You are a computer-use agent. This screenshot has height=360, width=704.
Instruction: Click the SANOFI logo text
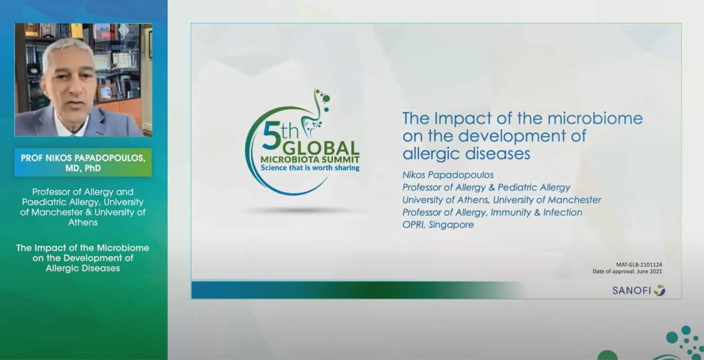(631, 290)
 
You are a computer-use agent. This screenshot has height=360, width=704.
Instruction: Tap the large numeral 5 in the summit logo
(272, 135)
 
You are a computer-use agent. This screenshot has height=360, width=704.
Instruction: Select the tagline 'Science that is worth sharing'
(310, 168)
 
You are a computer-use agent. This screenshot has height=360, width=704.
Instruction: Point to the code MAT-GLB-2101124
(639, 264)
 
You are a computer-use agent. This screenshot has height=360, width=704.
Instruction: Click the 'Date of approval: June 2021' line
(627, 271)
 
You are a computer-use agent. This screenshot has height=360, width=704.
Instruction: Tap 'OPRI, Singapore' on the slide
(438, 225)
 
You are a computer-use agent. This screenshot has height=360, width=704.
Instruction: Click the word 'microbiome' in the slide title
(595, 118)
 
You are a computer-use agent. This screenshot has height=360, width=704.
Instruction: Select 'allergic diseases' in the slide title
(467, 153)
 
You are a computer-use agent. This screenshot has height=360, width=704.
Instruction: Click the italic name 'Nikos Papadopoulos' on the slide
(448, 175)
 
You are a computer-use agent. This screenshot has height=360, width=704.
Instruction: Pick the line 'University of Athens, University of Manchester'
(501, 200)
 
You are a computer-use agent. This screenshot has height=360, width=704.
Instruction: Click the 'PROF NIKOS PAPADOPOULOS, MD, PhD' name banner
(83, 162)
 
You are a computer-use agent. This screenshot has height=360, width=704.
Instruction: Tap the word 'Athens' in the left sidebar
(83, 223)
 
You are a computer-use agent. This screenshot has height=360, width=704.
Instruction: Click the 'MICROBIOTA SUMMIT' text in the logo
(310, 160)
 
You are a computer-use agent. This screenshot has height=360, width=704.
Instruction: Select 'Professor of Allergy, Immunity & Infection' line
(492, 213)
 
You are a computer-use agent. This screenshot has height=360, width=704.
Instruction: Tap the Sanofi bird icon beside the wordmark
(660, 290)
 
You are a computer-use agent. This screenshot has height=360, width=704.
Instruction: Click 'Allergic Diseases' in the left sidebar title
(83, 268)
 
